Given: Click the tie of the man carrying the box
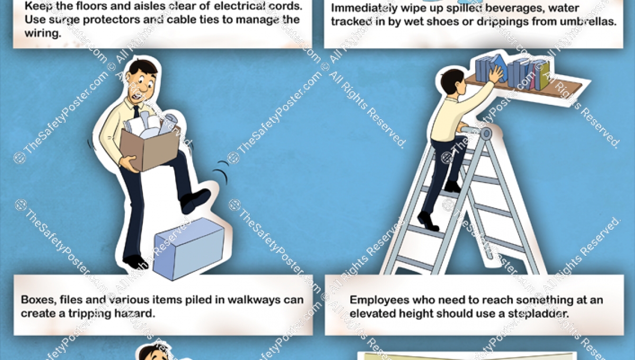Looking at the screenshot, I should (x=137, y=112).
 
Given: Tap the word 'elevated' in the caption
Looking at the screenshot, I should (x=373, y=313).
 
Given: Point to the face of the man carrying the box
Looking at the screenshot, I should (x=143, y=85).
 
